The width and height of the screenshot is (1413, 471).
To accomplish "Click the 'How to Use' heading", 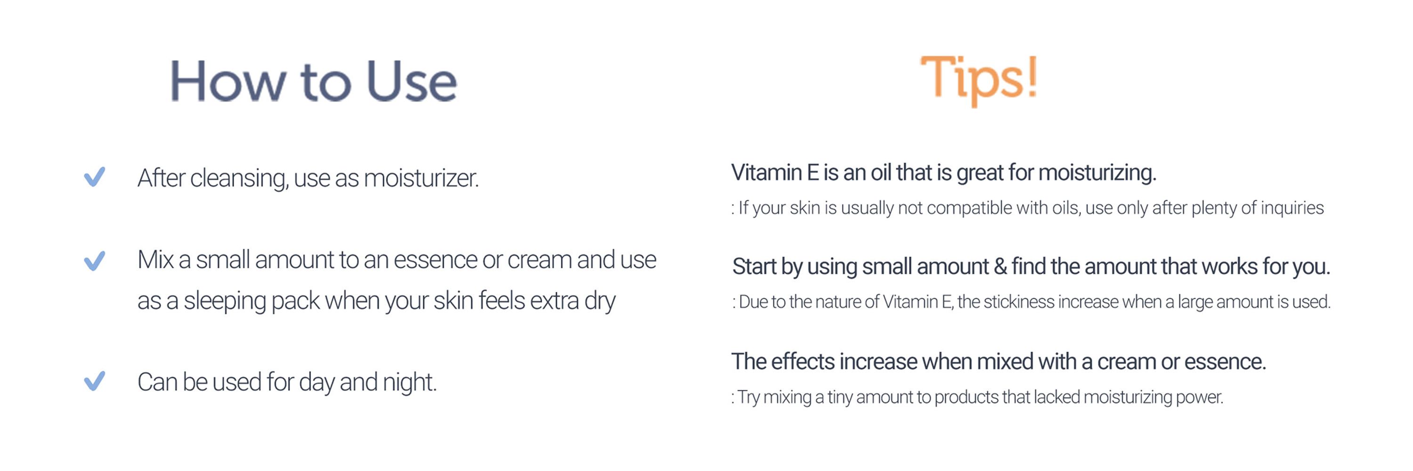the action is [x=313, y=81].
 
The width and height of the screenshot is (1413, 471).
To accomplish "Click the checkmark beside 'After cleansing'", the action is [x=94, y=177].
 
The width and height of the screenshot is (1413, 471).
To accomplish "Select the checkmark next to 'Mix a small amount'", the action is [x=94, y=261].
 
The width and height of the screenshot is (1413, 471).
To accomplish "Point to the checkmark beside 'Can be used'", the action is [x=94, y=381].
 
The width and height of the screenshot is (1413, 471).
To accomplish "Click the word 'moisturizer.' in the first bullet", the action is [x=421, y=178].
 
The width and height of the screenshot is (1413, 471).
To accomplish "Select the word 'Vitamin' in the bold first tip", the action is [x=766, y=173].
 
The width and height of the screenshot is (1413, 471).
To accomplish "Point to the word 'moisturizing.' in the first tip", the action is [x=1097, y=173].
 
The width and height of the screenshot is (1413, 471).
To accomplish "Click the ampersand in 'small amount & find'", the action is [x=1000, y=267].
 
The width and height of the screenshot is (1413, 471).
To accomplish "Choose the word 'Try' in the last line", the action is [x=748, y=397].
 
